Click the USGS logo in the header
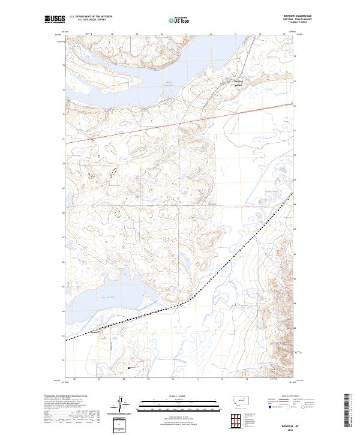[55, 20]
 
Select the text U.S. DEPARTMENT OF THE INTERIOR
[91, 17]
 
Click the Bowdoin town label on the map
[238, 83]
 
